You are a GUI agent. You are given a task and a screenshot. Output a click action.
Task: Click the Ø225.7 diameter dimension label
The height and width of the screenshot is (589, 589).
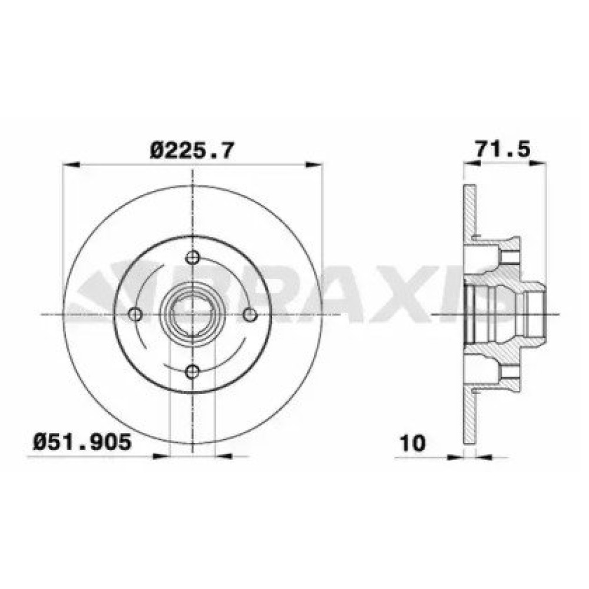point(192,151)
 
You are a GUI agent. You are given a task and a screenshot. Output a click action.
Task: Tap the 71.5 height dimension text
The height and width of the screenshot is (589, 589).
point(504,149)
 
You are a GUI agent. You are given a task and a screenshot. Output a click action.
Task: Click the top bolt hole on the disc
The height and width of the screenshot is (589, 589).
point(193,257)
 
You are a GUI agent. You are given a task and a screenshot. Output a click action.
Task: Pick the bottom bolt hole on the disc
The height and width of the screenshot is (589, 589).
point(193,372)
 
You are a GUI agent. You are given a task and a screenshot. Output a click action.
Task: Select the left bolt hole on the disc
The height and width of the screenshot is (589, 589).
point(135,314)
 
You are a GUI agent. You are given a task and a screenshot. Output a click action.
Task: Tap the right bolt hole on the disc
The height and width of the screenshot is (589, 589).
point(250,315)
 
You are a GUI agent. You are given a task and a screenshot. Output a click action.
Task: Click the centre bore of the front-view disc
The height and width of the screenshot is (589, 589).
point(193,315)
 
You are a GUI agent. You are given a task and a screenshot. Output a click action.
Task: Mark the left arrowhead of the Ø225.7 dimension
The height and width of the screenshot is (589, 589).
point(71,165)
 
